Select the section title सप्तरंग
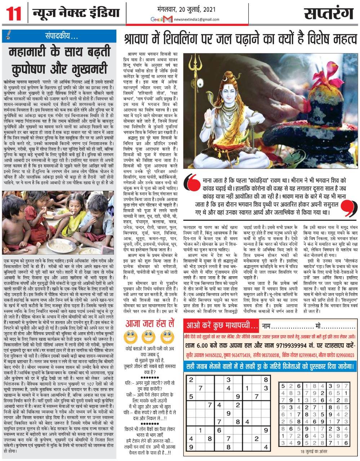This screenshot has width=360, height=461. point(329,14)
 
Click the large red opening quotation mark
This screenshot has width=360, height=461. point(193,183)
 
